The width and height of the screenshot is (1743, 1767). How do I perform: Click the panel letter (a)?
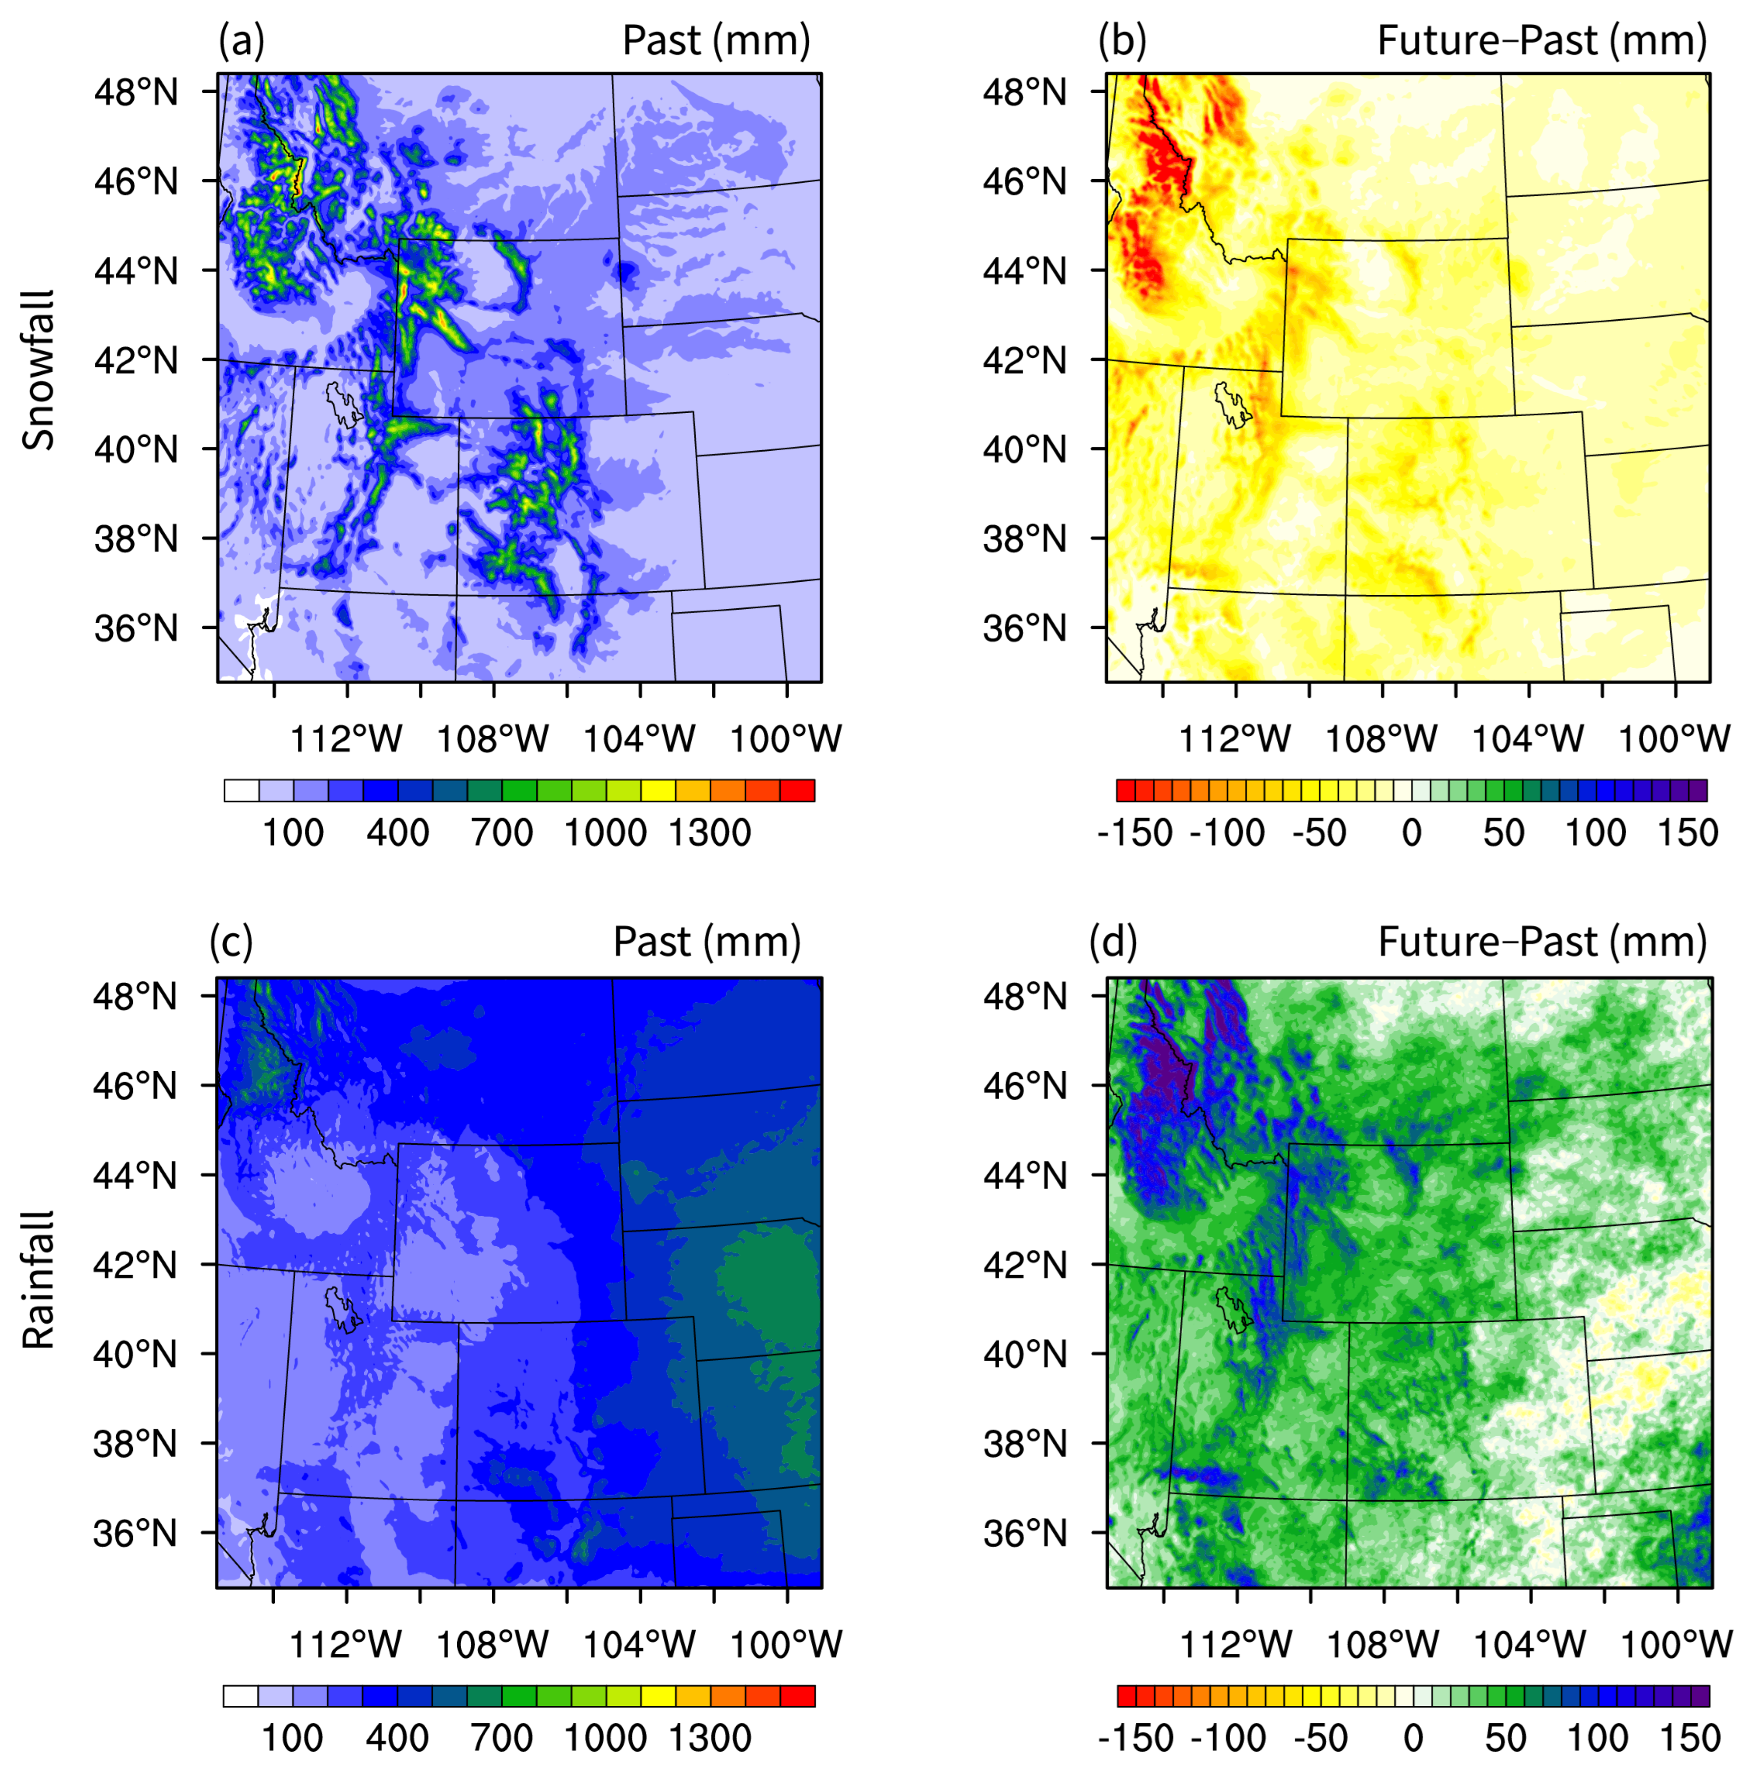click(x=241, y=41)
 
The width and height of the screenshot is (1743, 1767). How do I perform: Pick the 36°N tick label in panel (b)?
click(x=1025, y=629)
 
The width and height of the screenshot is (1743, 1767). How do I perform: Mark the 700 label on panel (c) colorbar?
click(x=501, y=1738)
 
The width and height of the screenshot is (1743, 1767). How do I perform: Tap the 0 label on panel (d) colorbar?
click(x=1413, y=1738)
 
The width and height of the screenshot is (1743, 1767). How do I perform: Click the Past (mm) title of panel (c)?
click(x=706, y=942)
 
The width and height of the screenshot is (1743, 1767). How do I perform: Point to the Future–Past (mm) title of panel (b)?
click(x=1542, y=41)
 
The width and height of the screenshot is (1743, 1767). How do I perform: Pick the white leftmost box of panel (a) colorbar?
click(x=242, y=790)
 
